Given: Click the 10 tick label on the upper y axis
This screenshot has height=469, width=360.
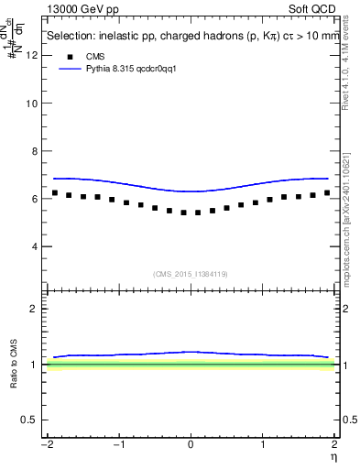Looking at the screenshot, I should click(x=34, y=104).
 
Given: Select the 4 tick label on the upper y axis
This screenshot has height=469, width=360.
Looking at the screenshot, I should click(x=36, y=246).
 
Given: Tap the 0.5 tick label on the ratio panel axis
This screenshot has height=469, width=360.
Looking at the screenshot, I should click(x=31, y=420).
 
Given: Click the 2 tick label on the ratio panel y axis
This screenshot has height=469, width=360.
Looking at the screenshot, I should click(x=36, y=309).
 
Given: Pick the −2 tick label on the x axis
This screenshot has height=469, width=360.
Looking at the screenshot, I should click(x=44, y=444).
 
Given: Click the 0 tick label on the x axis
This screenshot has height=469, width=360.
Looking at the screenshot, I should click(x=191, y=444).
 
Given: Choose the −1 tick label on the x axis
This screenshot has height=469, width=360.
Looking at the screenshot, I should click(x=116, y=444).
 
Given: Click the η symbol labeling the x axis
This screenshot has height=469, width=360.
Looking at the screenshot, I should click(x=335, y=457).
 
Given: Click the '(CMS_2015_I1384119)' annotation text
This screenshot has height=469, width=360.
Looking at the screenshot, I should click(x=191, y=273).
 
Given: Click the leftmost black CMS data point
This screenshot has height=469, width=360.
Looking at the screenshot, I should click(x=55, y=193).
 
